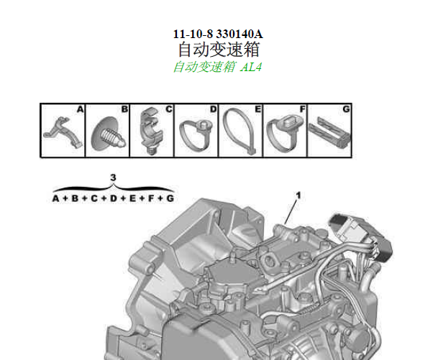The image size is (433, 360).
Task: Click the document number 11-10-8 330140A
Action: point(218,34)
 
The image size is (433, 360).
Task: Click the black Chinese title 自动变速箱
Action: point(219,50)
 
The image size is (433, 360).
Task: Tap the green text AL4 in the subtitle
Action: point(250,67)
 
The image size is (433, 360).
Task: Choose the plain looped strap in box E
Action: point(240,131)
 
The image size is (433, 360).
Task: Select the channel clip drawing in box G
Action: point(329,132)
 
